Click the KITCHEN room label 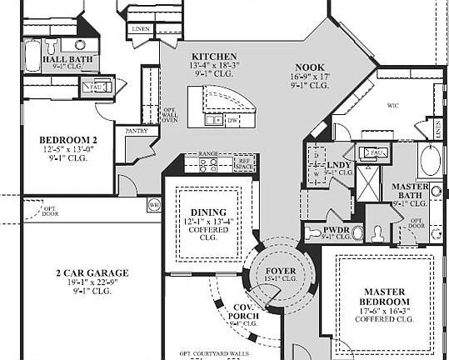pyautogui.click(x=202, y=55)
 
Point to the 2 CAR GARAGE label pyautogui.click(x=81, y=272)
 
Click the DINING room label pyautogui.click(x=208, y=212)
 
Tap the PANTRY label pyautogui.click(x=137, y=131)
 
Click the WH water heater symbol pyautogui.click(x=153, y=204)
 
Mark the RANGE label pyautogui.click(x=208, y=154)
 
